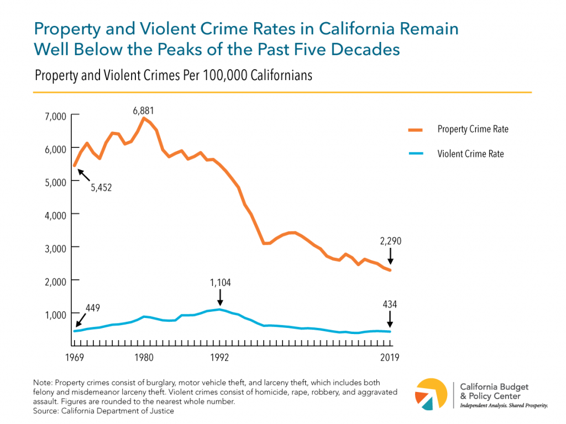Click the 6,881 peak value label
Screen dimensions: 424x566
coord(143,110)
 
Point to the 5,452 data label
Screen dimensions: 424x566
coord(101,187)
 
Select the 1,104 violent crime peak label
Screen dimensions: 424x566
coord(220,283)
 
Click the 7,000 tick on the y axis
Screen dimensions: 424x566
coord(55,116)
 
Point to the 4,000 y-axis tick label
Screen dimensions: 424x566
coord(55,215)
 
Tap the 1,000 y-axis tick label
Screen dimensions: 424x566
coord(55,314)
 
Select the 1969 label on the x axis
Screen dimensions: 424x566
coord(75,357)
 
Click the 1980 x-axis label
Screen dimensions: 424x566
coord(144,357)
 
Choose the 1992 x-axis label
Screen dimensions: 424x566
coord(219,357)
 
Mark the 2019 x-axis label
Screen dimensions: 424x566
coord(390,357)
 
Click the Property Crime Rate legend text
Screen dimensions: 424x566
coord(473,129)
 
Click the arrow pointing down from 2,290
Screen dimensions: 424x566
coord(390,256)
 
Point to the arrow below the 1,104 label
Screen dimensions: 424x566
coord(220,298)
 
